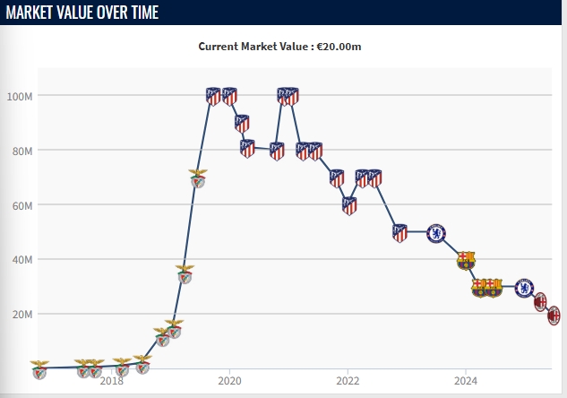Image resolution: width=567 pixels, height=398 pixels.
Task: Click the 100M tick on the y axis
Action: (x=20, y=96)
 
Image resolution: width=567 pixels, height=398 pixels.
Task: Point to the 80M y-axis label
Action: (x=21, y=151)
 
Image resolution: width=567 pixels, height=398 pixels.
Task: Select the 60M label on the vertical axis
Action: (x=21, y=205)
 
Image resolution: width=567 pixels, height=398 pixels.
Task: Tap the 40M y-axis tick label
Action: (x=21, y=260)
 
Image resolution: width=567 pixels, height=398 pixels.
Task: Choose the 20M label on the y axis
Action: (x=21, y=315)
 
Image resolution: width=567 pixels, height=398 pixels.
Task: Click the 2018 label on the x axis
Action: (x=112, y=380)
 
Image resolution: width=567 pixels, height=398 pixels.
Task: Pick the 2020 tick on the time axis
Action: (x=229, y=380)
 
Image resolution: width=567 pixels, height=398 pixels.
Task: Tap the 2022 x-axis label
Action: (x=348, y=380)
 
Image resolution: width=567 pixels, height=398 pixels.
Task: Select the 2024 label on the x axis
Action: (x=465, y=380)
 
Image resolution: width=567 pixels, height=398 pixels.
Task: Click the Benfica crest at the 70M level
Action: (x=198, y=177)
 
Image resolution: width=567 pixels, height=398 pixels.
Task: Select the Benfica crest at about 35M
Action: (x=185, y=273)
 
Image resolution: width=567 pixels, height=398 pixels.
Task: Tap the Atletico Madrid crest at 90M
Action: (x=242, y=124)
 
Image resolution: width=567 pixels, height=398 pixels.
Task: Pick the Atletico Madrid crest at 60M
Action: (x=349, y=205)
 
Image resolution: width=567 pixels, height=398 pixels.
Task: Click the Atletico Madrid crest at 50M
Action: (x=399, y=233)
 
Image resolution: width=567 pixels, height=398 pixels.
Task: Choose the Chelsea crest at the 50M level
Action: (x=435, y=233)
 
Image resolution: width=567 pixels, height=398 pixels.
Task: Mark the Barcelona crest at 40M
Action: (x=465, y=260)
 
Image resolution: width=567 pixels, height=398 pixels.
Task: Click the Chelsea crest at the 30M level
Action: (x=524, y=288)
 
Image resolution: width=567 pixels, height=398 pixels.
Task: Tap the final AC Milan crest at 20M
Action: (x=554, y=315)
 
